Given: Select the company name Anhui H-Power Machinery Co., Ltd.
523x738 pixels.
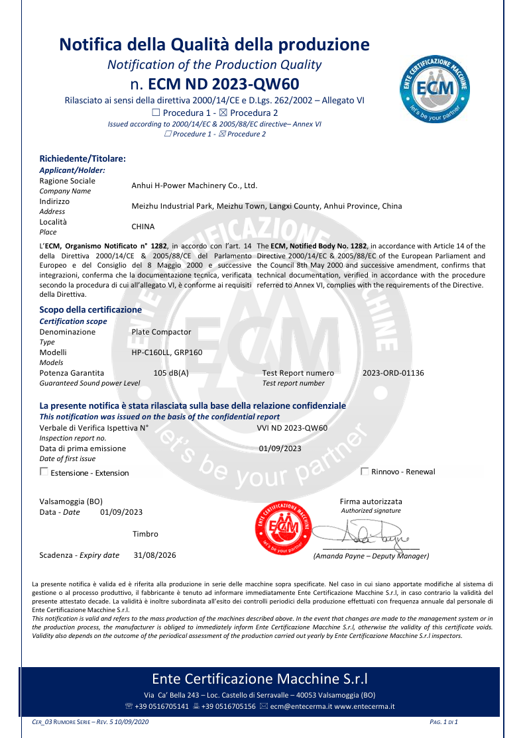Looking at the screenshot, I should tap(194, 185).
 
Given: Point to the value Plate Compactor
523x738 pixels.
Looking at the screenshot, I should tap(161, 332).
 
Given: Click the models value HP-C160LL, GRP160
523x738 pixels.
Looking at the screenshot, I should tap(167, 352).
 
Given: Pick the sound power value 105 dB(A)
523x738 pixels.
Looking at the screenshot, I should tap(171, 373).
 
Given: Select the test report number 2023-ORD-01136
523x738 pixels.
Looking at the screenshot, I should tap(393, 373).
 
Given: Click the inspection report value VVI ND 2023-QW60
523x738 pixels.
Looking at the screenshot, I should tap(292, 427).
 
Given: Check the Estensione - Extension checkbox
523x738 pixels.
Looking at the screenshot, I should tap(44, 472).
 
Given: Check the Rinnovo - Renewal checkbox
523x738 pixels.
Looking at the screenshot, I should tap(365, 471).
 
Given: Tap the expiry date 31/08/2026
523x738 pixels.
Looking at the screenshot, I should tap(155, 555).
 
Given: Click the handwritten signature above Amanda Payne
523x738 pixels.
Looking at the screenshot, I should tap(361, 532).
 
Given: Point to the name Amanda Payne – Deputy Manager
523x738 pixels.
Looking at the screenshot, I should tap(371, 556).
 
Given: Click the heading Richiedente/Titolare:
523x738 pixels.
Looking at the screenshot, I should tap(83, 158).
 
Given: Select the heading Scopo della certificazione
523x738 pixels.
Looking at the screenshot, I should tap(90, 309).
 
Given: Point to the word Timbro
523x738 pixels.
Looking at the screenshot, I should tap(145, 533).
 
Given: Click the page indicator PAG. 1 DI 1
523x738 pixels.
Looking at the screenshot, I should tap(444, 721).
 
